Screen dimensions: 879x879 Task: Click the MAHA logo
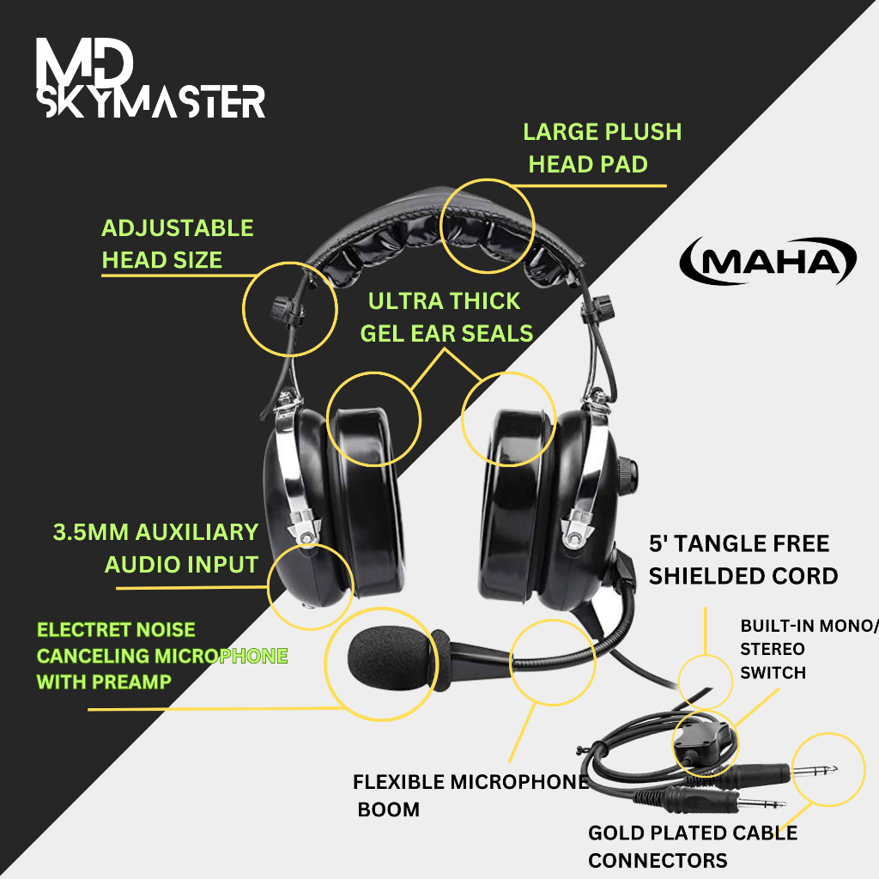pyautogui.click(x=767, y=261)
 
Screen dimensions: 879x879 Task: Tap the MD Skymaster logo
pyautogui.click(x=150, y=79)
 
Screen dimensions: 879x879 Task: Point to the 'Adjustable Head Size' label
pyautogui.click(x=177, y=244)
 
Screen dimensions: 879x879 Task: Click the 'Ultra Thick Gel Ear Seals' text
pyautogui.click(x=446, y=317)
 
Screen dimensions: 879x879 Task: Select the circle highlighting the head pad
pyautogui.click(x=487, y=225)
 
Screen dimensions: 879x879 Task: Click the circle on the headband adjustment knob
pyautogui.click(x=289, y=311)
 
